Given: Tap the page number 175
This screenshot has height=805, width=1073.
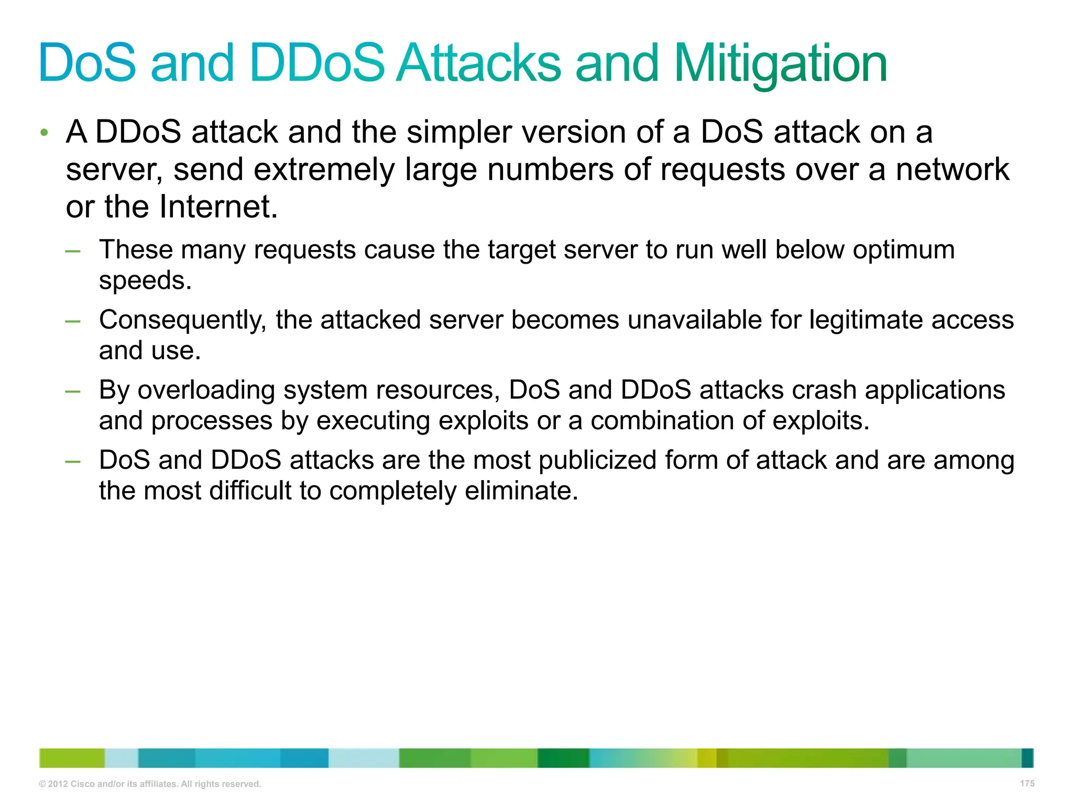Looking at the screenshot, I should point(1027,783).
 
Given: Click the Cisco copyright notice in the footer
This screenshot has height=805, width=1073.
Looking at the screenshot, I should point(150,784).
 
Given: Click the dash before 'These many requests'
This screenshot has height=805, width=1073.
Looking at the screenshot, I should point(73,251).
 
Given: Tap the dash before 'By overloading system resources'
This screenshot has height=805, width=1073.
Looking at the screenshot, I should point(73,391).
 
